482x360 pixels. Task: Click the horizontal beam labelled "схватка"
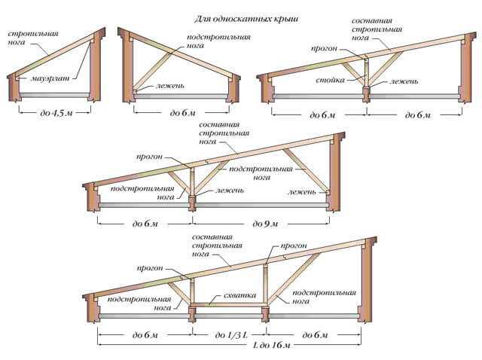pos(228,305)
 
